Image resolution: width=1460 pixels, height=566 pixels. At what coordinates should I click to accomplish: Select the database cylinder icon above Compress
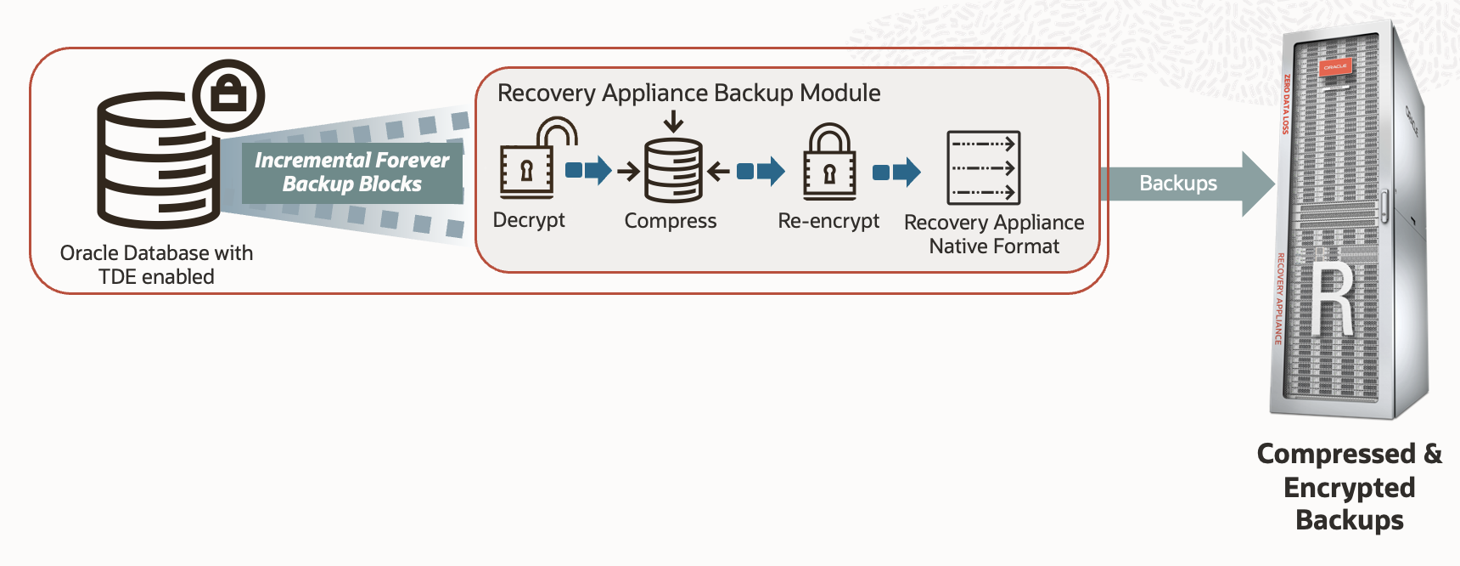(673, 170)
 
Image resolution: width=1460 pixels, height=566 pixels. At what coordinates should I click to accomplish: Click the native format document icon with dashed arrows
(983, 167)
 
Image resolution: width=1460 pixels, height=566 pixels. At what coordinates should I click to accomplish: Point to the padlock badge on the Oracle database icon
(228, 95)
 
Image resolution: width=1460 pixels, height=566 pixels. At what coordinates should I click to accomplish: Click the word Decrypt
(528, 220)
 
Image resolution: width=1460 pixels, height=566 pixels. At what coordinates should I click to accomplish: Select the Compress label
(670, 221)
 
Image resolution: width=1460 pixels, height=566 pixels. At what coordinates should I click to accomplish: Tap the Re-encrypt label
(828, 221)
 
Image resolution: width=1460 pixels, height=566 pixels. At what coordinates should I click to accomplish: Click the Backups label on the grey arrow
(1177, 184)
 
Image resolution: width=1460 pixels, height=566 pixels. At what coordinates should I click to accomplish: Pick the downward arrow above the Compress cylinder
(673, 121)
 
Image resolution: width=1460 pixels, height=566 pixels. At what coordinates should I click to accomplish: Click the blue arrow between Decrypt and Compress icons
(588, 170)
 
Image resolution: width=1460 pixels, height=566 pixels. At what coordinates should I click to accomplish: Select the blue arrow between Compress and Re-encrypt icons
(761, 171)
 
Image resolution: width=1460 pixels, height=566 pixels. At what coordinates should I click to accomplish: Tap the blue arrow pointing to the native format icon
(896, 172)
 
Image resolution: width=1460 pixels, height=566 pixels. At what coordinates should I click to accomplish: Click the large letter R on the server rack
(1332, 301)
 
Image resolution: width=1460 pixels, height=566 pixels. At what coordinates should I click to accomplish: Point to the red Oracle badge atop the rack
(1334, 66)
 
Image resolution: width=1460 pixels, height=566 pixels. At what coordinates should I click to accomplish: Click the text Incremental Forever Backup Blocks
(352, 173)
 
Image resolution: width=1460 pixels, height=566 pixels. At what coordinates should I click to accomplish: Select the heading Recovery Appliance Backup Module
(688, 93)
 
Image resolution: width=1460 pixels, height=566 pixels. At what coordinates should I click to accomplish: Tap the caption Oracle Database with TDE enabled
(156, 264)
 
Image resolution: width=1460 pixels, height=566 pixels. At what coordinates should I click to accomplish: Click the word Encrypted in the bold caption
(1349, 488)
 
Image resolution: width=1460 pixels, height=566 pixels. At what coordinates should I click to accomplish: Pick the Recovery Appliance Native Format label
(994, 234)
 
